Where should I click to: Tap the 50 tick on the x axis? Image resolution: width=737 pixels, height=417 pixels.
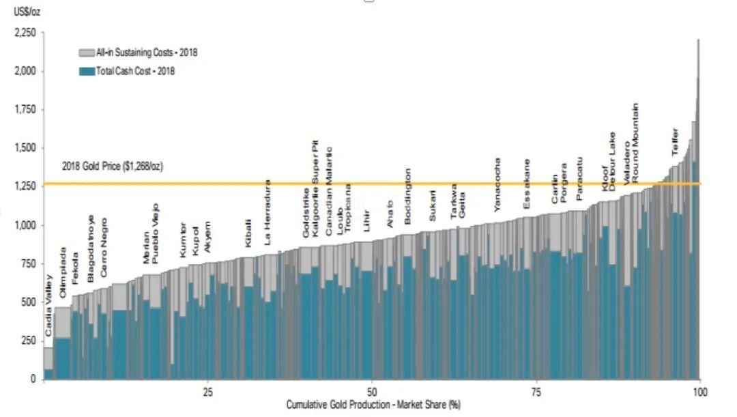tap(371, 392)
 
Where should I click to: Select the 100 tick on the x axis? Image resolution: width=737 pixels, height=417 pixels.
tap(699, 392)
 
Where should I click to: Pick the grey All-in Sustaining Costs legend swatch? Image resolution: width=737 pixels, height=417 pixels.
tap(87, 53)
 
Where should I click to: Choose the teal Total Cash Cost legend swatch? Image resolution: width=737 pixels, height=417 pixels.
tap(87, 71)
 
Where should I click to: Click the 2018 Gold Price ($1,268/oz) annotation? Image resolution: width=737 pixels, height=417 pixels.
tap(112, 166)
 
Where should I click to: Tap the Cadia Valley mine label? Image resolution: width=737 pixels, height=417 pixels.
tap(49, 305)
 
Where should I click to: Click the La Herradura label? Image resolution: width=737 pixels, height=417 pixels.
tap(268, 212)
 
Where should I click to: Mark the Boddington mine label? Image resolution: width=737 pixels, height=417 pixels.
tap(408, 196)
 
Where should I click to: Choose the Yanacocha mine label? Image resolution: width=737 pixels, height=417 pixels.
tap(497, 185)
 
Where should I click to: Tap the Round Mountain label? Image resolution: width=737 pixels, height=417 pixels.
tap(635, 142)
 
